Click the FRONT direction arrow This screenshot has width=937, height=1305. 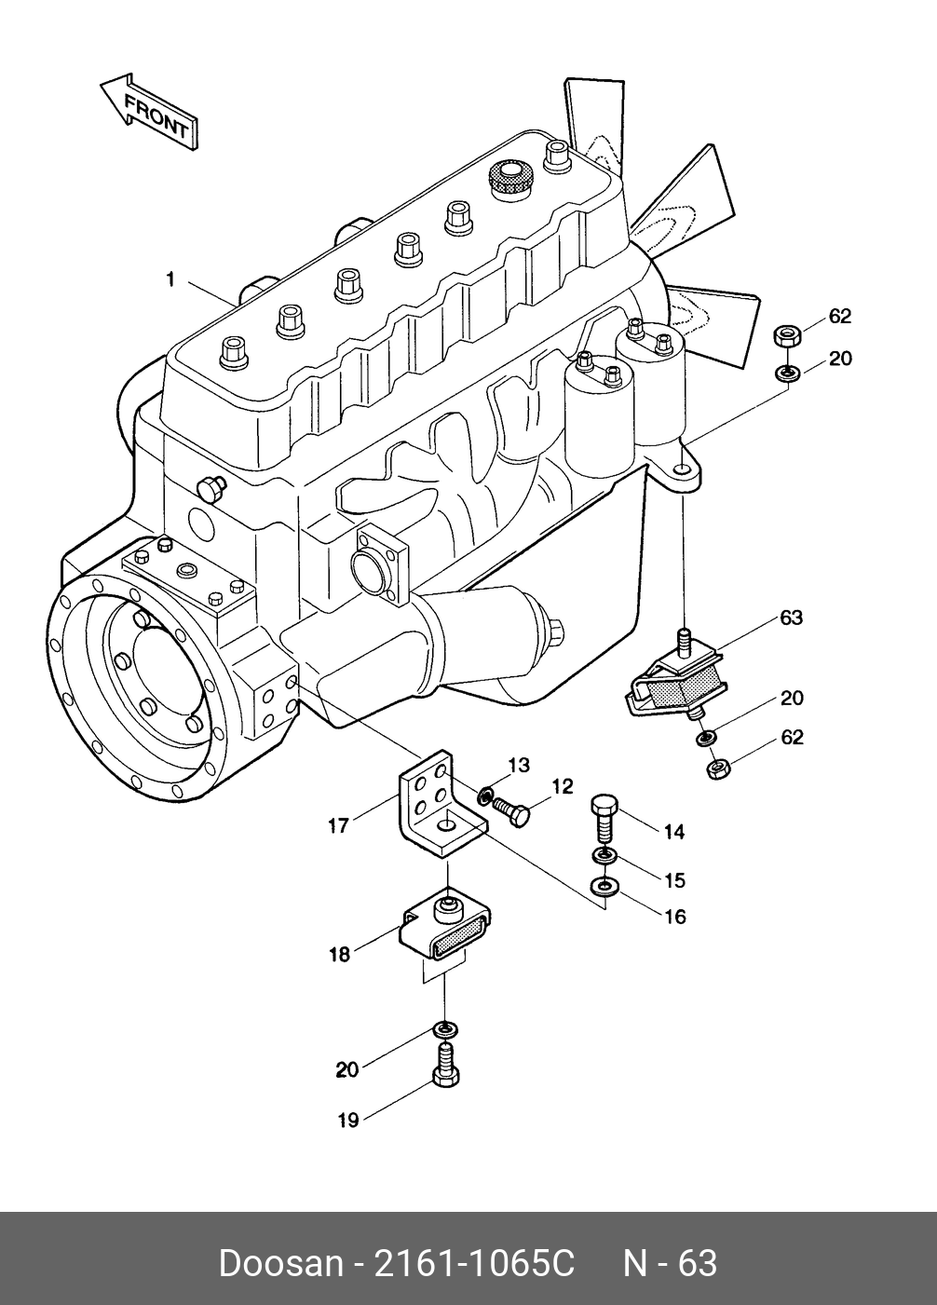[x=149, y=111]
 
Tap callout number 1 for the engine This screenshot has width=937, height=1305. [x=170, y=279]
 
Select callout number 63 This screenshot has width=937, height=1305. [x=792, y=618]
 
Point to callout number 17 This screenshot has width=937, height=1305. [x=338, y=825]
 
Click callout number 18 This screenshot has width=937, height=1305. [x=340, y=954]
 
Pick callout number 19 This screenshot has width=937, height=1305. [x=348, y=1120]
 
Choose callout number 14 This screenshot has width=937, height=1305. [x=674, y=832]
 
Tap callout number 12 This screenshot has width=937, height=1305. [x=563, y=786]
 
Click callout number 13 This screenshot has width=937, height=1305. [x=519, y=765]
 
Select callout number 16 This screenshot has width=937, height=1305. [x=675, y=917]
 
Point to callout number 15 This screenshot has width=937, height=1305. [x=674, y=880]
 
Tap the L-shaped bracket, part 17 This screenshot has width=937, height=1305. [x=442, y=804]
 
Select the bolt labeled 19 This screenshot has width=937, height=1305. [x=446, y=1065]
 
